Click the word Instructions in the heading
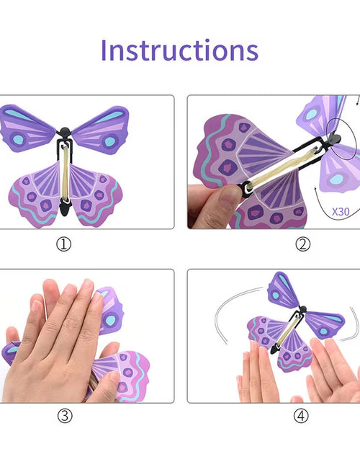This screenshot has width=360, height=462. coord(179,50)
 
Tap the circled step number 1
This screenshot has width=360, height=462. coord(64,244)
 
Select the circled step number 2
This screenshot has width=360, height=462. coord(303,244)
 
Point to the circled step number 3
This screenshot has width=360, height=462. coord(65,416)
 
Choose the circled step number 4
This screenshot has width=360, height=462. coord(301,416)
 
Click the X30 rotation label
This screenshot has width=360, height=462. coord(341,212)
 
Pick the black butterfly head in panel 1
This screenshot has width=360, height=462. coord(65,131)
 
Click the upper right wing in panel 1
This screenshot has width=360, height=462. coord(102,130)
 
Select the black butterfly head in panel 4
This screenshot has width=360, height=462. coord(302,309)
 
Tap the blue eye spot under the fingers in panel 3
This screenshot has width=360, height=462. coord(111,320)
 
